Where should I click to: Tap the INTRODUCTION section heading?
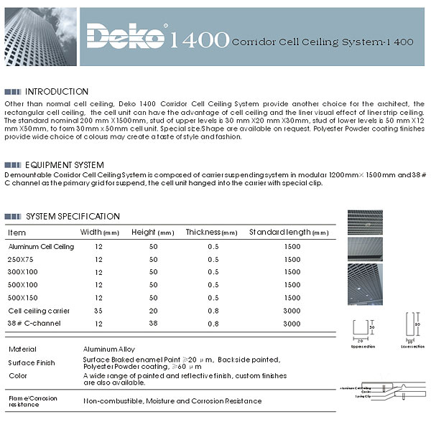[57, 92]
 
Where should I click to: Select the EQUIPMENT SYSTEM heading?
[65, 165]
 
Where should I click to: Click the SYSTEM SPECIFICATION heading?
[73, 216]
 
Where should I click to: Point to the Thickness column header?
[211, 233]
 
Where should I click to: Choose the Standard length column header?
[288, 233]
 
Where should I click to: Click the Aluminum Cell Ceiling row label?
[41, 247]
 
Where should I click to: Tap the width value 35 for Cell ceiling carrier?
[98, 311]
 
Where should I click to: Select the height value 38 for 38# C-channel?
[152, 324]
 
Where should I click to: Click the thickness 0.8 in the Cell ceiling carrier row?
[213, 311]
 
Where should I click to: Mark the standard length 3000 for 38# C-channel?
[292, 324]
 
